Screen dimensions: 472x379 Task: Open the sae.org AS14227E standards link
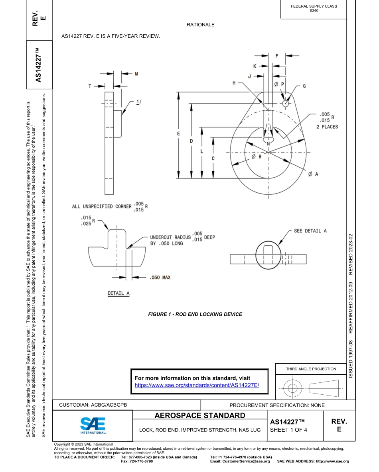point(197,385)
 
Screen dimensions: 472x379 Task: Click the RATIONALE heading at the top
point(200,25)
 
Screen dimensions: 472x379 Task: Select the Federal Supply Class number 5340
point(314,11)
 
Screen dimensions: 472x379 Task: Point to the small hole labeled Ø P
point(285,103)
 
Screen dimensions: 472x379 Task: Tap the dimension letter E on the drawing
point(178,133)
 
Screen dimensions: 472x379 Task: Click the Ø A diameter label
point(313,174)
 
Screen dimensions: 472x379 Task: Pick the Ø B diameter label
point(257,157)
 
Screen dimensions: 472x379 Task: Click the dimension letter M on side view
point(136,74)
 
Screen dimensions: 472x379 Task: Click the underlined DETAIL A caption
point(118,293)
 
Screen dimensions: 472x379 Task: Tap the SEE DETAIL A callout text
point(310,231)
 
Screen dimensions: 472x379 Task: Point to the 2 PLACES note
point(327,127)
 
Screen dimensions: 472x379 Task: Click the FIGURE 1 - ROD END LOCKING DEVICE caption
point(195,314)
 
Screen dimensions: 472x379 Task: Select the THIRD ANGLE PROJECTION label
point(311,369)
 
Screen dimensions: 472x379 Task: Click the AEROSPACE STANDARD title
point(200,416)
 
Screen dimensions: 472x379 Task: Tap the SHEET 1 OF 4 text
point(288,429)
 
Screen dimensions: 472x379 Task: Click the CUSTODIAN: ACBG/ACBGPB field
point(93,405)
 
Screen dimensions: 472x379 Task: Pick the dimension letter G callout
point(304,86)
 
